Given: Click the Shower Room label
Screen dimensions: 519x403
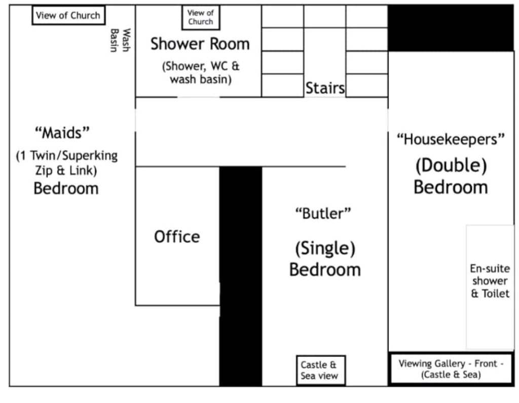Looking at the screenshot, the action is tap(200, 44).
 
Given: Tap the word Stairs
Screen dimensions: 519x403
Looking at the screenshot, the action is tap(325, 88).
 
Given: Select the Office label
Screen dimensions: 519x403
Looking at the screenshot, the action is tap(177, 237).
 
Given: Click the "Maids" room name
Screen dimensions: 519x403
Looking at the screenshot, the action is tap(62, 133).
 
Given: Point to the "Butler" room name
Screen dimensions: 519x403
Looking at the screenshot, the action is tap(323, 214).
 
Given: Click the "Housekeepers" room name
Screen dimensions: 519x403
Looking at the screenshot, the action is tap(451, 139).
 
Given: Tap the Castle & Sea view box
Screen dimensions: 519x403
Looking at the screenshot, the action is tap(321, 370).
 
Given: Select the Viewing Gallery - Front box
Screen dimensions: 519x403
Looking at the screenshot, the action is tap(451, 369).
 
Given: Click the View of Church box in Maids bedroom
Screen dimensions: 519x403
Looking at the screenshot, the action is tap(68, 15).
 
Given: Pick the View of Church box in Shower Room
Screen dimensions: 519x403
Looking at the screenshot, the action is tap(201, 17).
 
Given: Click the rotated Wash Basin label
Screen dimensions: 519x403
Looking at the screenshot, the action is tap(120, 40).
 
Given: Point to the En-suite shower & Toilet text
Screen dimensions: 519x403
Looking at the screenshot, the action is tap(490, 281).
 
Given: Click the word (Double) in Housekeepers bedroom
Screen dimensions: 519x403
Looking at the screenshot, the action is tap(451, 165).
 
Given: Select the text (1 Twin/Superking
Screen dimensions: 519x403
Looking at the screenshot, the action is tap(67, 155).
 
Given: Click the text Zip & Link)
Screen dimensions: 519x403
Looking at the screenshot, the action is tap(66, 171).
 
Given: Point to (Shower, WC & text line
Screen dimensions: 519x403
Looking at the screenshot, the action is tap(201, 66).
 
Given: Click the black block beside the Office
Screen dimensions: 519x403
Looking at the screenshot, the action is tap(241, 276).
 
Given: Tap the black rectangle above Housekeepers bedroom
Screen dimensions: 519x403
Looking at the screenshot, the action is tap(451, 28).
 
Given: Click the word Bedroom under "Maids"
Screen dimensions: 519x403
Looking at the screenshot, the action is tap(66, 188).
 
